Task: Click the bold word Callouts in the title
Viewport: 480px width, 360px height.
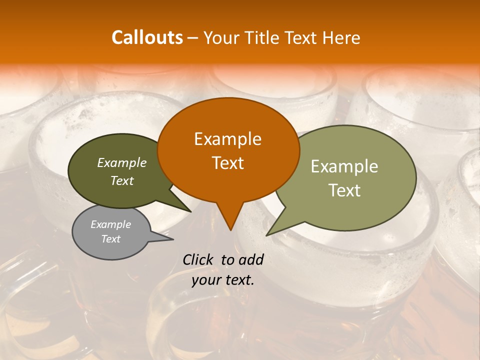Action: pos(147,37)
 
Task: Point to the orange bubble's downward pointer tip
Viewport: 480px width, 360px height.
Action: pos(230,230)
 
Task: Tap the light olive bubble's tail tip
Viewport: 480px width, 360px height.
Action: pos(267,234)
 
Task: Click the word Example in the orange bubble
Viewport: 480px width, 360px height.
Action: pos(227,139)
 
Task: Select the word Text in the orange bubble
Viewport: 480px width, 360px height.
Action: pos(227,163)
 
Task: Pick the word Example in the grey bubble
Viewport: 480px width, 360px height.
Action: pos(110,224)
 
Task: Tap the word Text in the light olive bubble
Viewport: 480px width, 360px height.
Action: pos(344,190)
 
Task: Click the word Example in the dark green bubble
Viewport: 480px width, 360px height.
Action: pos(121,162)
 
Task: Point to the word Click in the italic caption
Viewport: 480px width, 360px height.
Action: pos(199,259)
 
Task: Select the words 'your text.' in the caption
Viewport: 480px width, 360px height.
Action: pos(223,280)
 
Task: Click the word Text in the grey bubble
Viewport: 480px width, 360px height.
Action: pos(110,239)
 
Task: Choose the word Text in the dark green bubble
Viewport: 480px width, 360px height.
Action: pos(121,180)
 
